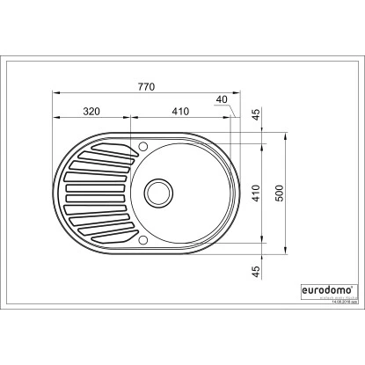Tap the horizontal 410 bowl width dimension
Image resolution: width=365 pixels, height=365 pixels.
pos(180,112)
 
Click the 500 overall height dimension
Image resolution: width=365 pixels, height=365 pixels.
pos(280,193)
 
